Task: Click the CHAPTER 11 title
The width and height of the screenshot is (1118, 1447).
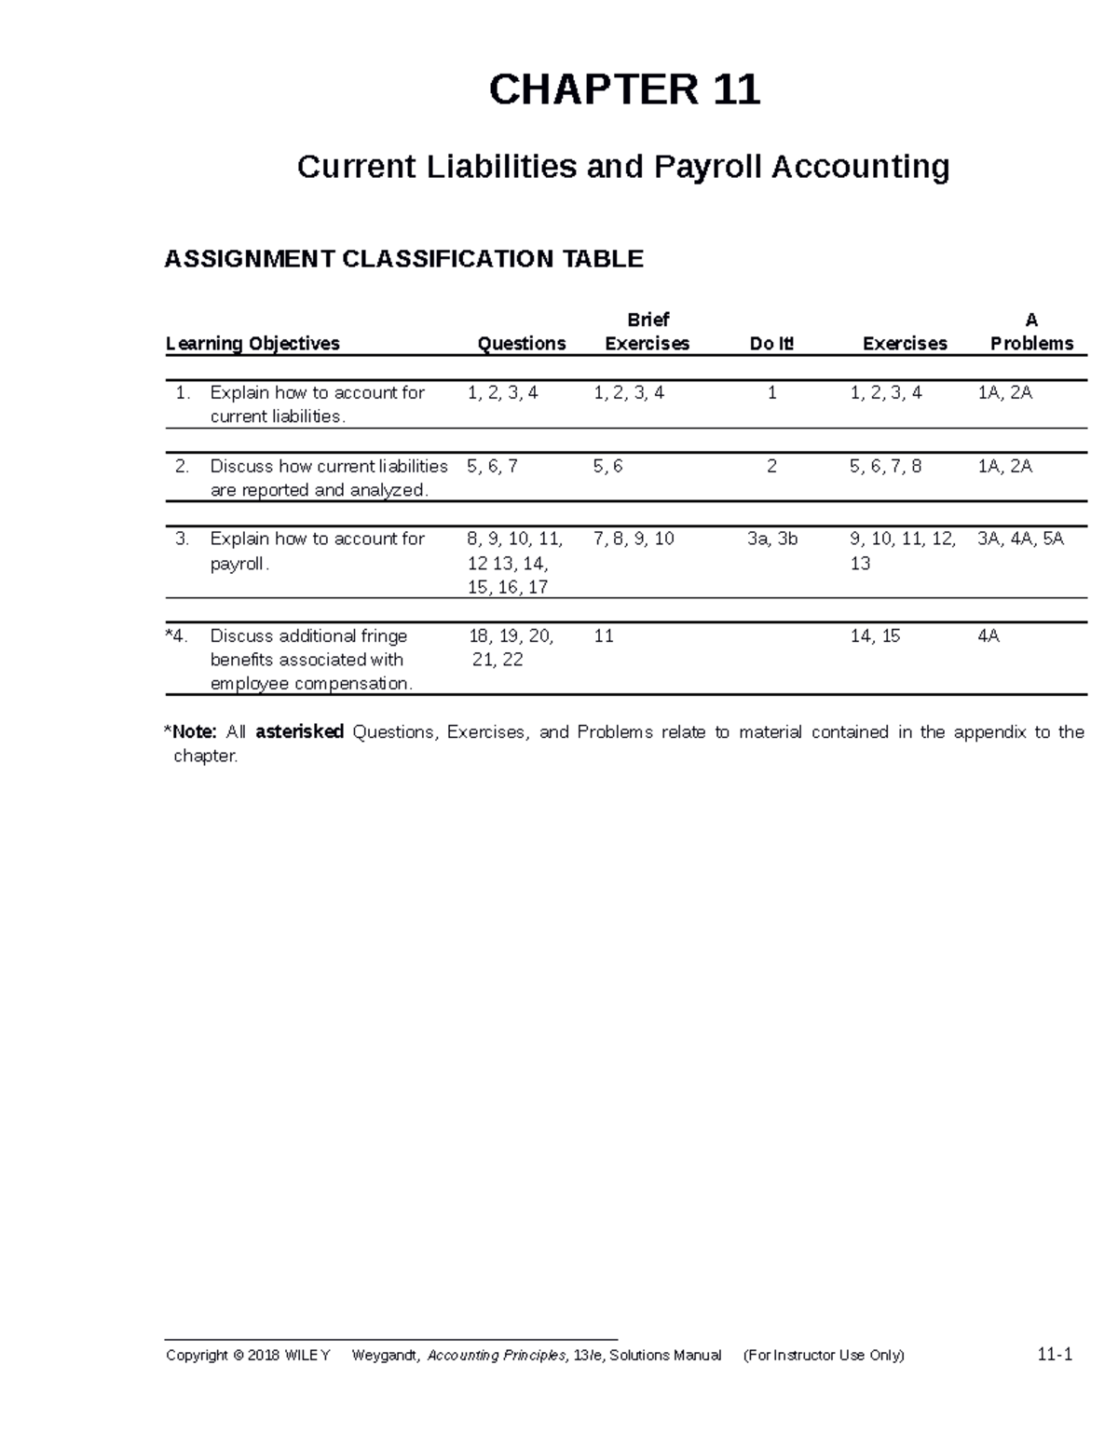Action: point(624,90)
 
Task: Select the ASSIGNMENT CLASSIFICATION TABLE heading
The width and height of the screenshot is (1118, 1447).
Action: point(403,259)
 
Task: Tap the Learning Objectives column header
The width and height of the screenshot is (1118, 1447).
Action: point(252,344)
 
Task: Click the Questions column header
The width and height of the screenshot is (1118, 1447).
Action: point(521,344)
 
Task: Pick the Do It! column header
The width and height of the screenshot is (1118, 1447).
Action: point(771,344)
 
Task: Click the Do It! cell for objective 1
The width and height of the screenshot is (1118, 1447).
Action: point(771,393)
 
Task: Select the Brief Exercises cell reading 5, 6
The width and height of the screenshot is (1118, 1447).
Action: point(607,466)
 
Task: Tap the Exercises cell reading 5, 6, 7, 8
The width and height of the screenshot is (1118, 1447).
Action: point(885,466)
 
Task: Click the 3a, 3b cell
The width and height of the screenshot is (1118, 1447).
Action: point(772,539)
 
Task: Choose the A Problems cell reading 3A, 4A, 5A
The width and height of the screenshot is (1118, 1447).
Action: point(1020,539)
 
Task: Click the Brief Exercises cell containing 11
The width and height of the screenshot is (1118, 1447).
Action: point(604,636)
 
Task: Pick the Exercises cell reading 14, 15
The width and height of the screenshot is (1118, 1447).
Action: point(875,636)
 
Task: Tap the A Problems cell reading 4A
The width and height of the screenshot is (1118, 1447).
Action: point(988,636)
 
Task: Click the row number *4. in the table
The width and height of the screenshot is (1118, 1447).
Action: point(177,636)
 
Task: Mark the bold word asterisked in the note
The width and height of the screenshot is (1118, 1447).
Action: point(299,732)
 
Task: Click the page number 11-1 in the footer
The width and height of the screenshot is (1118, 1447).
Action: point(1055,1355)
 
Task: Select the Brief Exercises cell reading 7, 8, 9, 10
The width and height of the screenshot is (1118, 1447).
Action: point(634,539)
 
